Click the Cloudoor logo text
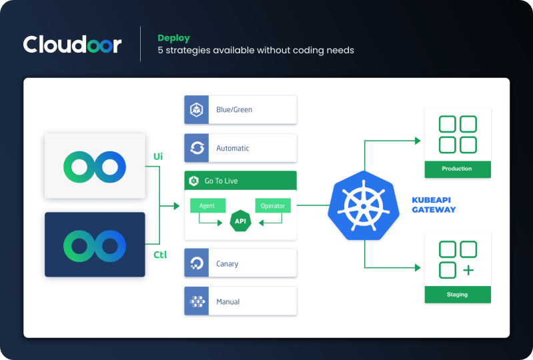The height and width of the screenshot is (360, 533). (72, 45)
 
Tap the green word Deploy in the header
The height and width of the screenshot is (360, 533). (173, 37)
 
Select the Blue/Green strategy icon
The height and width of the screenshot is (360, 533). (197, 110)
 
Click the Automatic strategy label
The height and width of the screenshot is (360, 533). (233, 148)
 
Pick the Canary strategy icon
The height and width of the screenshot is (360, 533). (197, 263)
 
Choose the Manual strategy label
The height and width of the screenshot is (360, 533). (227, 302)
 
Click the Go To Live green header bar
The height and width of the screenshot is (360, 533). (240, 181)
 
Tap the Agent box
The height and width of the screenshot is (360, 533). (207, 206)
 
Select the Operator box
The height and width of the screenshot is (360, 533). (272, 206)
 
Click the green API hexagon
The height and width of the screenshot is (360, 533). (240, 221)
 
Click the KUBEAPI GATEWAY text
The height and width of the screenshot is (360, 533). (434, 205)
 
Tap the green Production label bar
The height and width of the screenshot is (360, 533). (457, 169)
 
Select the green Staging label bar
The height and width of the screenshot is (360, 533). (457, 294)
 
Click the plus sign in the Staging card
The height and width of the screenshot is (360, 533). (468, 270)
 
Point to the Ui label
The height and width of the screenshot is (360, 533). (158, 157)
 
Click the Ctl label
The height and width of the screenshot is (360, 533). (160, 255)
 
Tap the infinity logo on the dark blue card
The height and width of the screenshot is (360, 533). (95, 244)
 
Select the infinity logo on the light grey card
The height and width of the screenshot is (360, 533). (95, 165)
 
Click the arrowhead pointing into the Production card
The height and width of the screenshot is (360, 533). (417, 141)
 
